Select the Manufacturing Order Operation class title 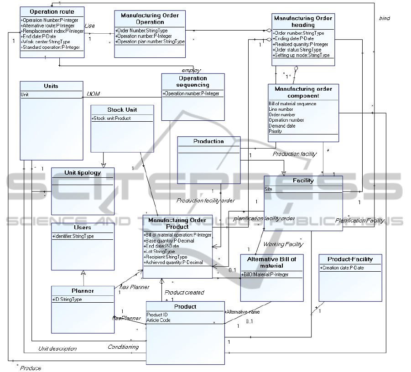150,19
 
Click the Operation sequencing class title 192,81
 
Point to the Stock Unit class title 122,110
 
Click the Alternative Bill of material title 271,262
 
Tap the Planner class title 83,290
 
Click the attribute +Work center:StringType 46,42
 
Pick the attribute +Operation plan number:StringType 150,41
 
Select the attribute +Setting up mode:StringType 302,55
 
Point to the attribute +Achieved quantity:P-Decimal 173,262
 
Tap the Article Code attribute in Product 158,320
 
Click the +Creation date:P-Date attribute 342,268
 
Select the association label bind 384,18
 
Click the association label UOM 93,94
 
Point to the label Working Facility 283,244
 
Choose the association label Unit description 57,348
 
